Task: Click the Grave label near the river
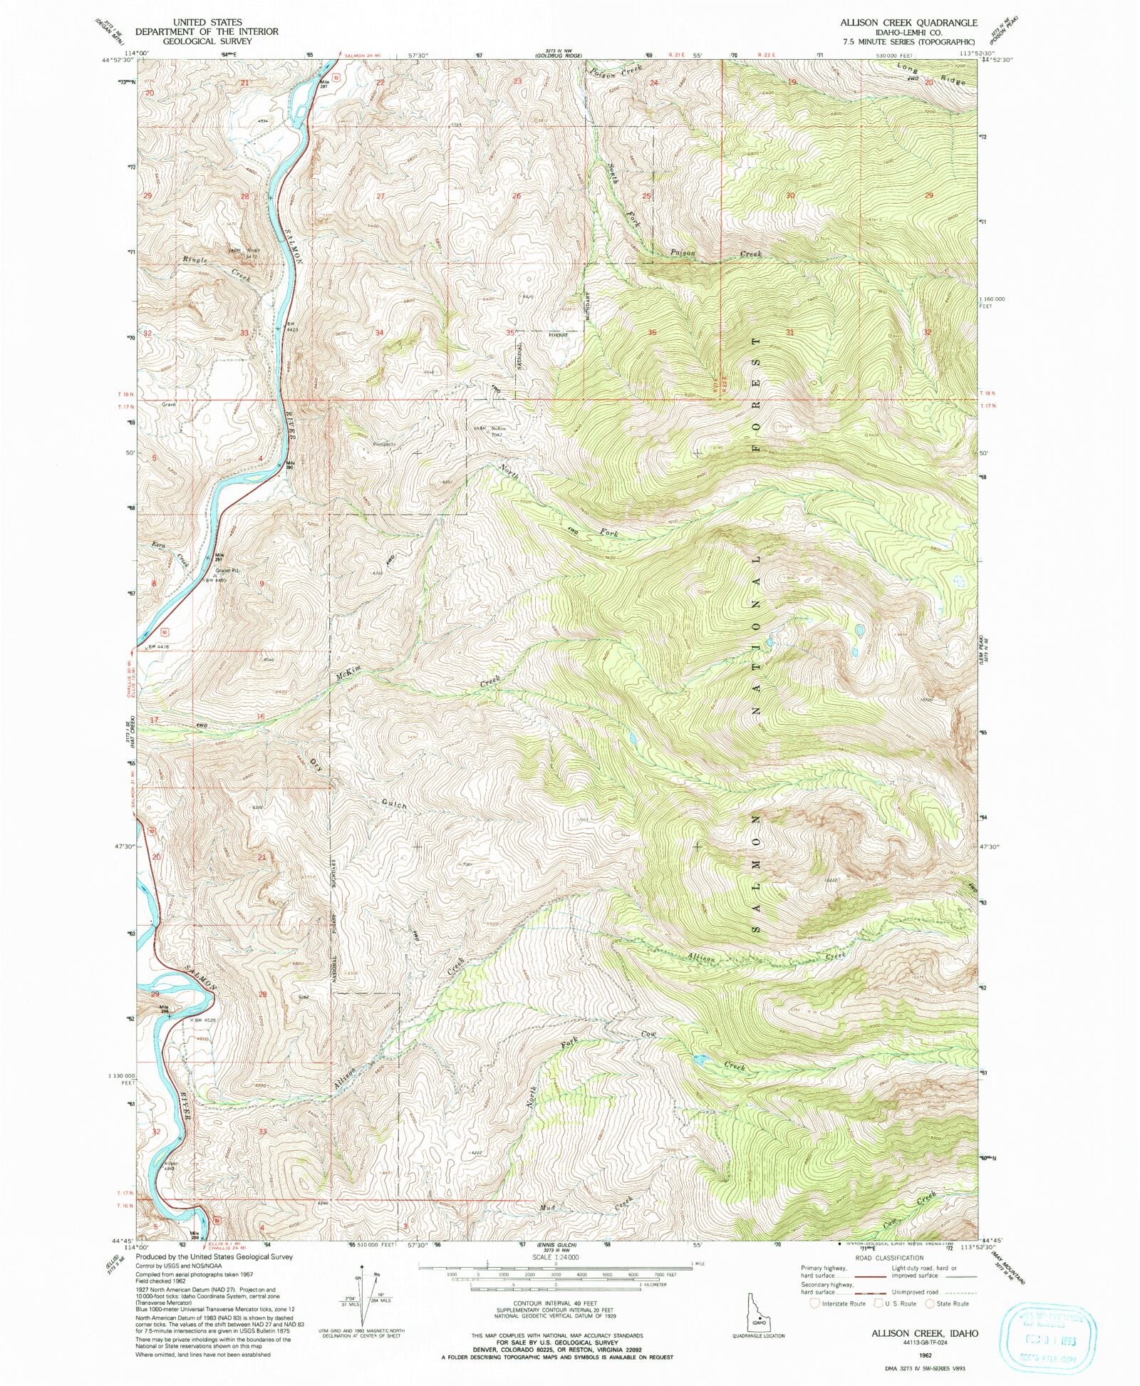[x=168, y=405]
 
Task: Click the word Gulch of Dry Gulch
[x=393, y=804]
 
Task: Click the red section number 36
[x=651, y=333]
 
